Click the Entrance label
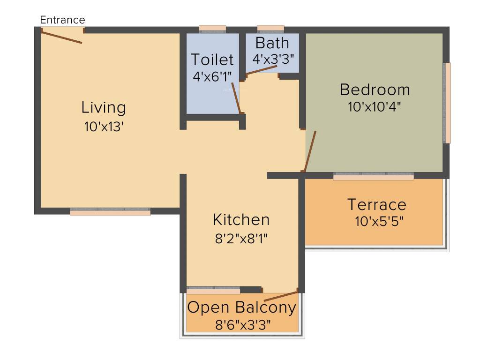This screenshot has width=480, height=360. pyautogui.click(x=62, y=20)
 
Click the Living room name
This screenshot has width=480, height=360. pyautogui.click(x=104, y=107)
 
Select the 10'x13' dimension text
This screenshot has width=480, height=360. pyautogui.click(x=104, y=127)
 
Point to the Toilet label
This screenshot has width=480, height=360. pyautogui.click(x=212, y=60)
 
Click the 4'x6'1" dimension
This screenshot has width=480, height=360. pyautogui.click(x=212, y=76)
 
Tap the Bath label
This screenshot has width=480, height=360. pyautogui.click(x=272, y=43)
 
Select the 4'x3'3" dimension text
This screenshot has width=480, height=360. pyautogui.click(x=273, y=59)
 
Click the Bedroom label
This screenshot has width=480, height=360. pyautogui.click(x=375, y=89)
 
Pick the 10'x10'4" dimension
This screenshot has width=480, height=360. pyautogui.click(x=375, y=106)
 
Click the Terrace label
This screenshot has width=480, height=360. pyautogui.click(x=376, y=204)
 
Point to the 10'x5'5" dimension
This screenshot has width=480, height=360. pyautogui.click(x=379, y=221)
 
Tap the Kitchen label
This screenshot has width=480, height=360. pyautogui.click(x=241, y=219)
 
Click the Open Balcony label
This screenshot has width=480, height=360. pyautogui.click(x=242, y=307)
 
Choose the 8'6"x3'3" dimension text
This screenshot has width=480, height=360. pyautogui.click(x=242, y=324)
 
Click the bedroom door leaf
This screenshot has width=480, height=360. pyautogui.click(x=310, y=151)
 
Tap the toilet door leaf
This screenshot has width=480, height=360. pyautogui.click(x=236, y=98)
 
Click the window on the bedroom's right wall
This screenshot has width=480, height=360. pyautogui.click(x=447, y=103)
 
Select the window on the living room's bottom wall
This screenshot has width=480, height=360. pyautogui.click(x=110, y=212)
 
